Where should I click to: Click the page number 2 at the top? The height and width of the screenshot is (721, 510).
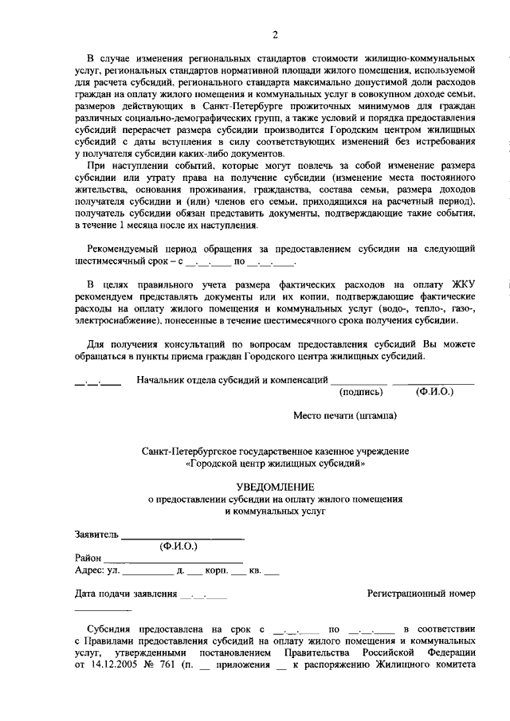point(275,34)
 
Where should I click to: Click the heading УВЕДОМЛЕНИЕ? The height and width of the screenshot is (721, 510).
point(275,486)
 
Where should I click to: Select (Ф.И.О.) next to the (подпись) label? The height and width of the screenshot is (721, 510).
point(434,392)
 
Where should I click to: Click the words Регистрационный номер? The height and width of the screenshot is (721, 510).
point(421,594)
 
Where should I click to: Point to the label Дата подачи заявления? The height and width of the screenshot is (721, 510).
point(126,594)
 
